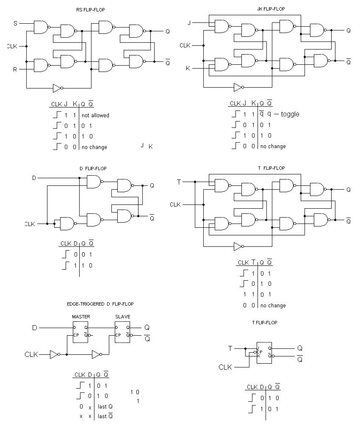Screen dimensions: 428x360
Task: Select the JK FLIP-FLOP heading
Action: [x=271, y=9]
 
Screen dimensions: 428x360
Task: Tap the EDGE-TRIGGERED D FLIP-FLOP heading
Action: [x=100, y=304]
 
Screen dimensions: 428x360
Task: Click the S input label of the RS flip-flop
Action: [x=16, y=23]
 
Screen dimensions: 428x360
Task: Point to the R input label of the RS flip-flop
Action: [x=15, y=69]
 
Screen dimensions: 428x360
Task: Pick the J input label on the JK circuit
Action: [x=189, y=23]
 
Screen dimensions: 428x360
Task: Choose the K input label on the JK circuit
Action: [x=188, y=68]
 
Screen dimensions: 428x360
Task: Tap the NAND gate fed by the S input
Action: [x=42, y=27]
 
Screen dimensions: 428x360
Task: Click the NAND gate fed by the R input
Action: [x=42, y=65]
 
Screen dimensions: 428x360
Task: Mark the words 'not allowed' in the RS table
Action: [x=95, y=115]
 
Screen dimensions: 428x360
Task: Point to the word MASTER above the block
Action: [x=80, y=317]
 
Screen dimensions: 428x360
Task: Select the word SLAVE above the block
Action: [x=122, y=317]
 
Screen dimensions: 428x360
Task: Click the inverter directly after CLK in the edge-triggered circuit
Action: [x=54, y=354]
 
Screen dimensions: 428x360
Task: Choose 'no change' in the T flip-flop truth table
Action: [x=273, y=305]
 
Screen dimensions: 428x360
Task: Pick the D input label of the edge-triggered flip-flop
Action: [x=35, y=328]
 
